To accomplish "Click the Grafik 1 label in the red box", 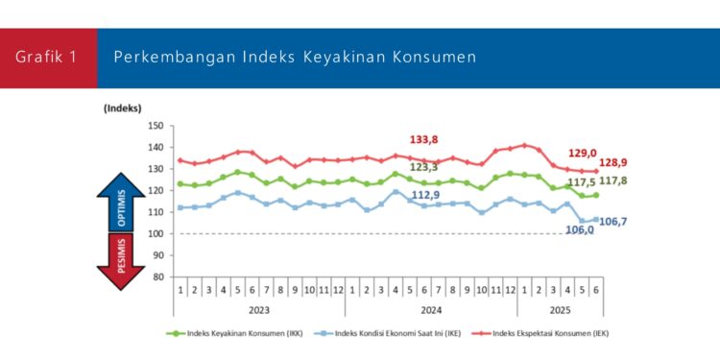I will [x=48, y=58].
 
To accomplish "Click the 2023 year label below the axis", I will [x=258, y=309].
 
